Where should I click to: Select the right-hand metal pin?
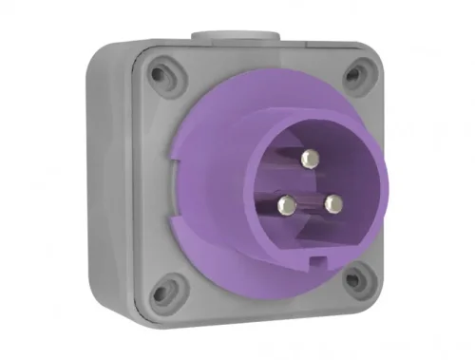click(x=332, y=202)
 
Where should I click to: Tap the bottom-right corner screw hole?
click(x=354, y=279)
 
